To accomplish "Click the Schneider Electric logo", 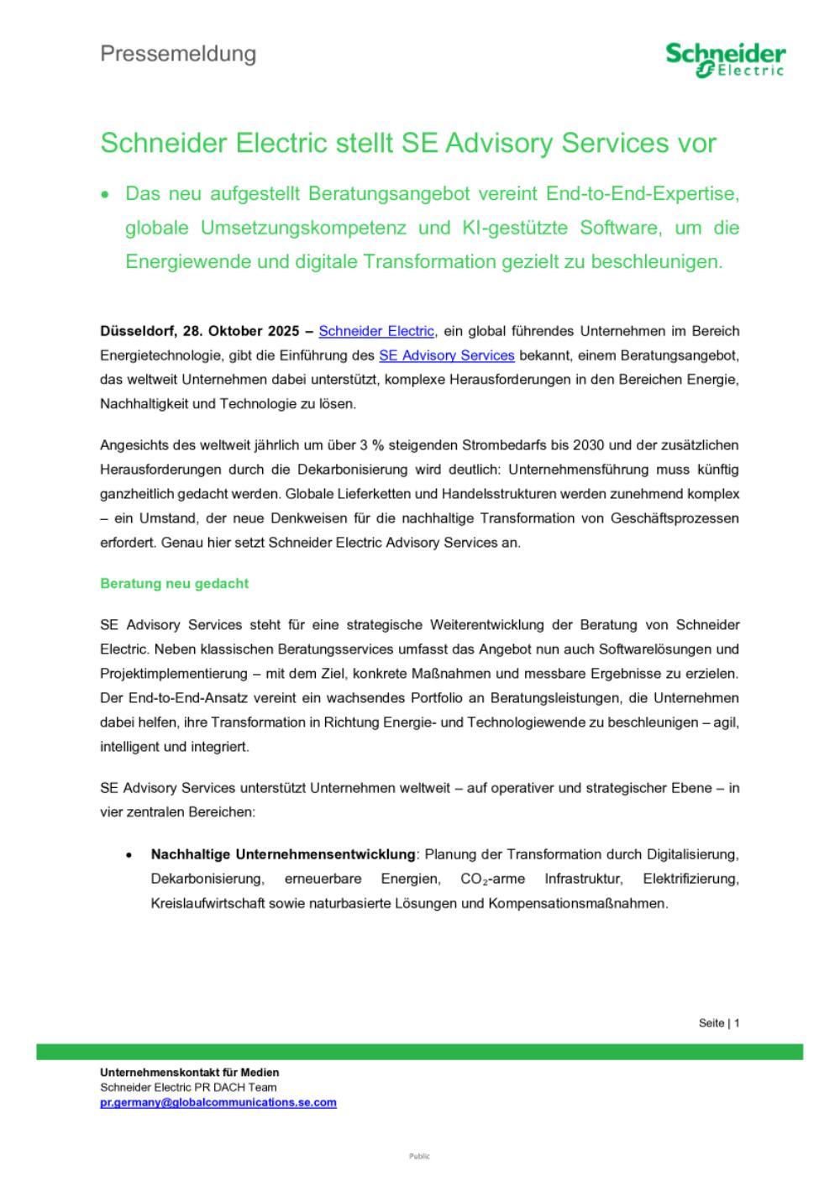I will [x=725, y=60].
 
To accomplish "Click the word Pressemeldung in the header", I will [x=178, y=54].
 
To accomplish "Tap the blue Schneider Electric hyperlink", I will [x=376, y=331].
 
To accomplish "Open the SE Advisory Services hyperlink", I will [x=446, y=355].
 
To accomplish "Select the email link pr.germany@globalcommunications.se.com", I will [x=218, y=1102].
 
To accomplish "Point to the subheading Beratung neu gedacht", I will [x=174, y=583].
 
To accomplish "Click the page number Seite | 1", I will [x=718, y=1023].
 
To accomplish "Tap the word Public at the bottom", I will [x=419, y=1157].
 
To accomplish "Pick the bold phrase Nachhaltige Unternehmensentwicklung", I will [x=283, y=854].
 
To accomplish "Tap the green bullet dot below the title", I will [x=105, y=195].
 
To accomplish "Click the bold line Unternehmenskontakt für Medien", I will [x=189, y=1073].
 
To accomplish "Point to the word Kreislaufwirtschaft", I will [x=207, y=904].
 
